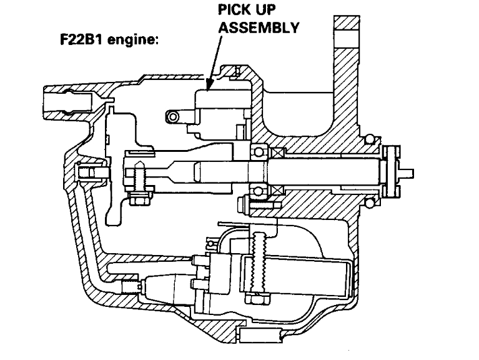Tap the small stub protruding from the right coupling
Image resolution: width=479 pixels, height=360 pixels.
pyautogui.click(x=407, y=170)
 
